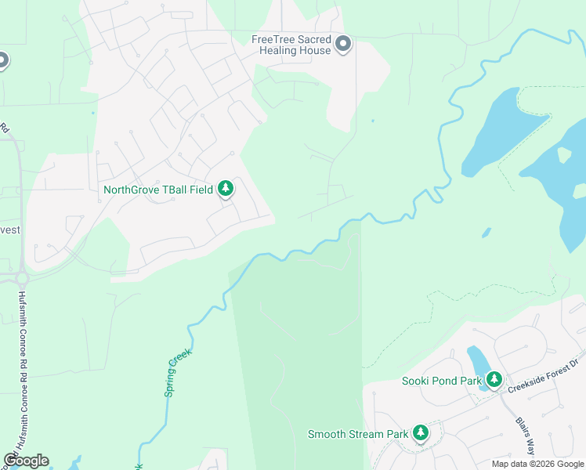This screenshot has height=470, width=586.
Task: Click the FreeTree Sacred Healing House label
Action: click(291, 45)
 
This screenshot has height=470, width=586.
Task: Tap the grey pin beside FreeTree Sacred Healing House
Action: click(343, 45)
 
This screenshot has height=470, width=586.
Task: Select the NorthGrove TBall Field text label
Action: click(158, 190)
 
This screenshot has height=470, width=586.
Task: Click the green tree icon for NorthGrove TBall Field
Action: click(226, 189)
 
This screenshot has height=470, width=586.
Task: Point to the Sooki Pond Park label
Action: click(440, 381)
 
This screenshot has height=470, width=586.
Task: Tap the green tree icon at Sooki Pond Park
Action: click(494, 380)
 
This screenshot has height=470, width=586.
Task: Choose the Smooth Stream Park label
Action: click(358, 434)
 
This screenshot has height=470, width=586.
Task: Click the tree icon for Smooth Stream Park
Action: click(421, 433)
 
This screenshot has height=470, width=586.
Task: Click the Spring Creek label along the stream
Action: click(177, 373)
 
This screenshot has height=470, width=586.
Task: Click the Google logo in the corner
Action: click(26, 461)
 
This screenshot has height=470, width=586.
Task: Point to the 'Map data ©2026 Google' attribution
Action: click(537, 464)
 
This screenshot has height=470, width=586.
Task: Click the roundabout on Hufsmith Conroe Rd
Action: click(21, 278)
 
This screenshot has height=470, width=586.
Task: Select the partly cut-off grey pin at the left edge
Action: click(2, 60)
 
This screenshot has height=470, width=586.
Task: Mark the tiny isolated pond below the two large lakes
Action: click(486, 233)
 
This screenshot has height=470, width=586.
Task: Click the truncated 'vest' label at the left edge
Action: click(11, 230)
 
